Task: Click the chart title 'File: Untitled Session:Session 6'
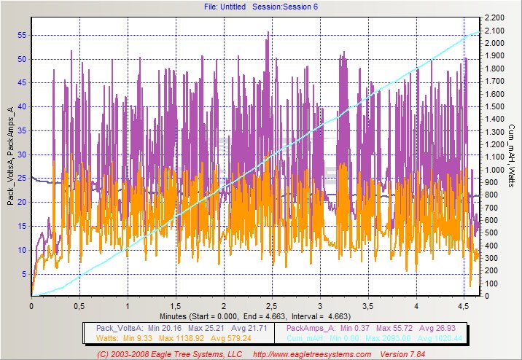[261, 7]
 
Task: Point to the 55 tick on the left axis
[23, 35]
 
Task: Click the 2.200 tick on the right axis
[494, 17]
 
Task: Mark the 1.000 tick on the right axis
[494, 170]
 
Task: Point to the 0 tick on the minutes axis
[31, 307]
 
